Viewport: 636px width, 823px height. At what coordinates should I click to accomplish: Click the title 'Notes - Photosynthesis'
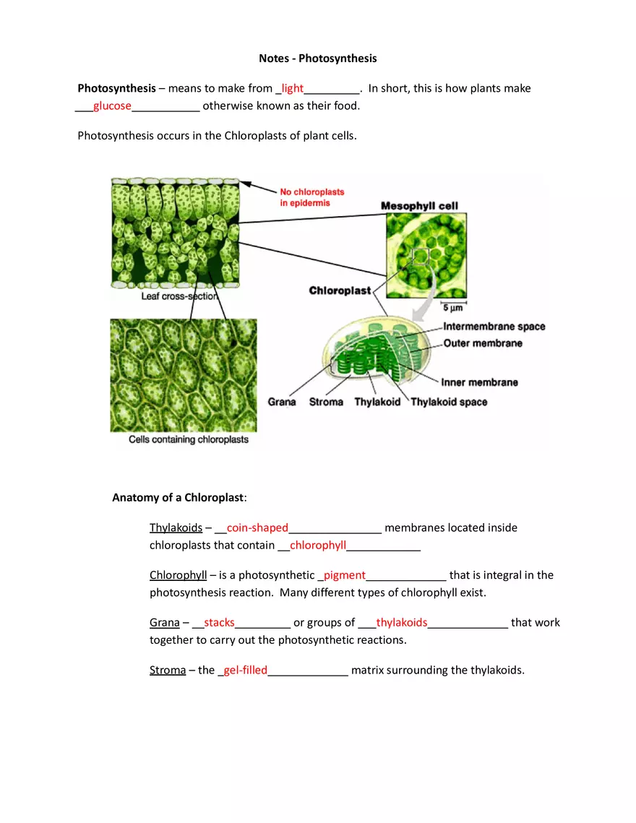[317, 58]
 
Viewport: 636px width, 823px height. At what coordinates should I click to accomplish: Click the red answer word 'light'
[293, 88]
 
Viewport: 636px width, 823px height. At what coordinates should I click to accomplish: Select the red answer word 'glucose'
[112, 105]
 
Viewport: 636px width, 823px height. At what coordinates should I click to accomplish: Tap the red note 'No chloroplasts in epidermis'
[311, 197]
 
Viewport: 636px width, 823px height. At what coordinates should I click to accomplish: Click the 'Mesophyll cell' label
[419, 206]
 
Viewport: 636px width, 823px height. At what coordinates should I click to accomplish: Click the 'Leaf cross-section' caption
[179, 296]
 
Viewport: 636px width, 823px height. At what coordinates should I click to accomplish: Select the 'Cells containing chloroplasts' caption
[188, 439]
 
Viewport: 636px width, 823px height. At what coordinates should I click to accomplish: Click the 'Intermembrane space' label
[494, 327]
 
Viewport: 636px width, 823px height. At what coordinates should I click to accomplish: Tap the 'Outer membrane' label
[482, 343]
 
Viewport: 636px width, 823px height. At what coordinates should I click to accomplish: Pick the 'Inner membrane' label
[479, 382]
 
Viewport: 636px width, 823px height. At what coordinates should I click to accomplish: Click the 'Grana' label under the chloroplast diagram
[282, 402]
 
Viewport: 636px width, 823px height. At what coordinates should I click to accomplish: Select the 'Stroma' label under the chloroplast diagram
[326, 402]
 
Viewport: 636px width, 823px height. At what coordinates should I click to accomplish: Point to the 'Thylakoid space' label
[449, 402]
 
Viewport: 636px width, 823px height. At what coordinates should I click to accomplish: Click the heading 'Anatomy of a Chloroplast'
[179, 497]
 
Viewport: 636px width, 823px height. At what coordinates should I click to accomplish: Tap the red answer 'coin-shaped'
[257, 527]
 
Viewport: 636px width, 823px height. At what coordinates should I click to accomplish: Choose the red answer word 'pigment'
[345, 575]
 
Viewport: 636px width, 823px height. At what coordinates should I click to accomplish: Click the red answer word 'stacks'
[219, 622]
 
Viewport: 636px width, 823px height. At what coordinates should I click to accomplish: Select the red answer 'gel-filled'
[245, 670]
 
